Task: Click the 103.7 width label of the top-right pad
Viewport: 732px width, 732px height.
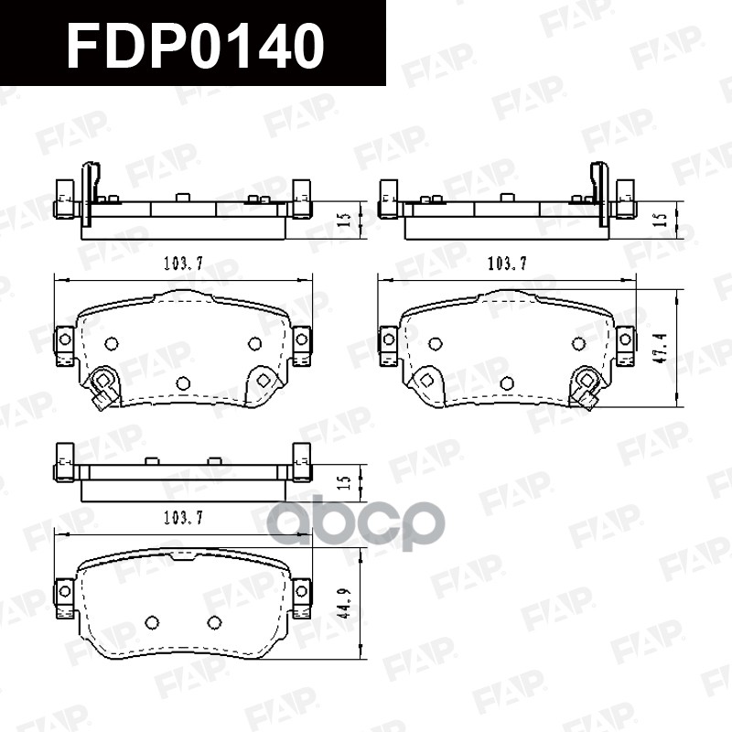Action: (507, 264)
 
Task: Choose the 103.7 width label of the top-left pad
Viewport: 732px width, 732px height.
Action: (183, 264)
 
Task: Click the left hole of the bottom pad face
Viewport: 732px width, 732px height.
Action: (152, 622)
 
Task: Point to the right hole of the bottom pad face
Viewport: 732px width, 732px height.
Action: (214, 622)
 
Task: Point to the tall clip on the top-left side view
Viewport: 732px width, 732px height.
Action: (91, 192)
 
